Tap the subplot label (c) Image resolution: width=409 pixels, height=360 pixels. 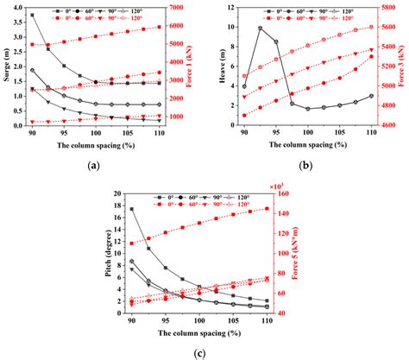(x=199, y=352)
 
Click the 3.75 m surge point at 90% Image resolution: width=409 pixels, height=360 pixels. (x=32, y=16)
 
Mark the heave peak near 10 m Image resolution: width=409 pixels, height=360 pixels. (x=261, y=28)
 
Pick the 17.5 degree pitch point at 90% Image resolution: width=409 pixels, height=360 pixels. (x=131, y=209)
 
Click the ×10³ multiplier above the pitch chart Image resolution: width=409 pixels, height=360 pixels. (x=278, y=185)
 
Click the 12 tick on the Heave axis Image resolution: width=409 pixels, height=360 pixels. (x=229, y=8)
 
